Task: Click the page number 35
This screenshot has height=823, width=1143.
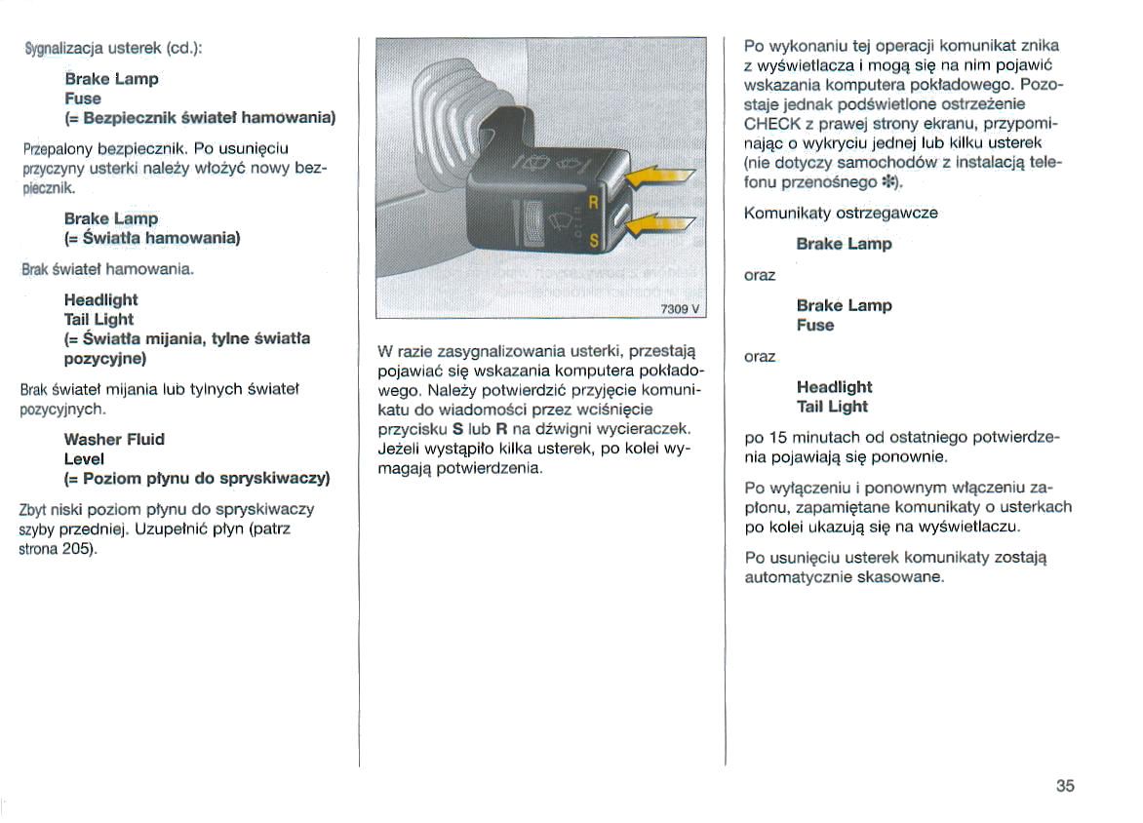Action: point(1064,787)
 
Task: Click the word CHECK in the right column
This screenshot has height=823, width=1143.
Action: point(771,124)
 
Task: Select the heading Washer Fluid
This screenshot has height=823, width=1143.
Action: point(114,439)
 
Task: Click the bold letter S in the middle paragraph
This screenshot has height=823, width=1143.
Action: point(457,429)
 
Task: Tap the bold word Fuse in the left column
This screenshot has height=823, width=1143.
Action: point(82,98)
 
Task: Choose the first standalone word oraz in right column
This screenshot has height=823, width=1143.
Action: point(759,275)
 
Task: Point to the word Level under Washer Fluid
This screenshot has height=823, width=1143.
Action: point(85,458)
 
